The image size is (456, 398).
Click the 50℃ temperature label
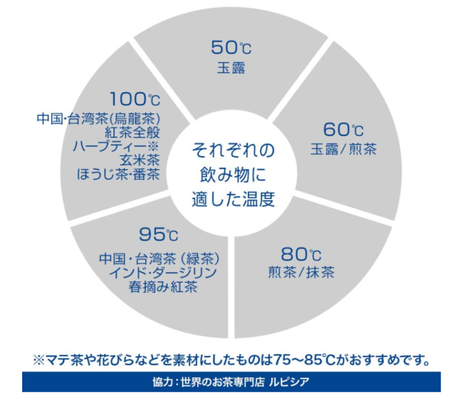pos(231,47)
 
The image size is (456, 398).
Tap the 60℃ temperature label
pos(343,129)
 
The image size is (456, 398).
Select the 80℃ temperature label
pos(301,254)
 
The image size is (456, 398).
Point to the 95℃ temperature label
pos(158,234)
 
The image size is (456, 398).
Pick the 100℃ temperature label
pos(135,99)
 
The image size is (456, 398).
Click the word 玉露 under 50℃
pos(231,68)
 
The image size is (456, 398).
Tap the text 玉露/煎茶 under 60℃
pos(344,149)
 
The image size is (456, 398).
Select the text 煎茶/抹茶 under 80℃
pos(302,273)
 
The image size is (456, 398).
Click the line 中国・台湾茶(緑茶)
pos(159,259)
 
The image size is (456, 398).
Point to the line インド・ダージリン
pos(163,273)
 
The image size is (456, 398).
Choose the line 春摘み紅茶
pos(163,287)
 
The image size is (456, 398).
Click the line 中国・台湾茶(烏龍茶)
pos(99,119)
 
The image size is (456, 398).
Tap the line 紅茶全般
pos(132,133)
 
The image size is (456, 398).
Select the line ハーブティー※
pos(115,147)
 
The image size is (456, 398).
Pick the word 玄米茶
pos(140,160)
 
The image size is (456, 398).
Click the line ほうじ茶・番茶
pos(119,174)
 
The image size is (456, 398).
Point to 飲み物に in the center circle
pos(233,175)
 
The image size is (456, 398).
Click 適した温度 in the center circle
pos(233,200)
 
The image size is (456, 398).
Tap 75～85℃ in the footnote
pos(304,360)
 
